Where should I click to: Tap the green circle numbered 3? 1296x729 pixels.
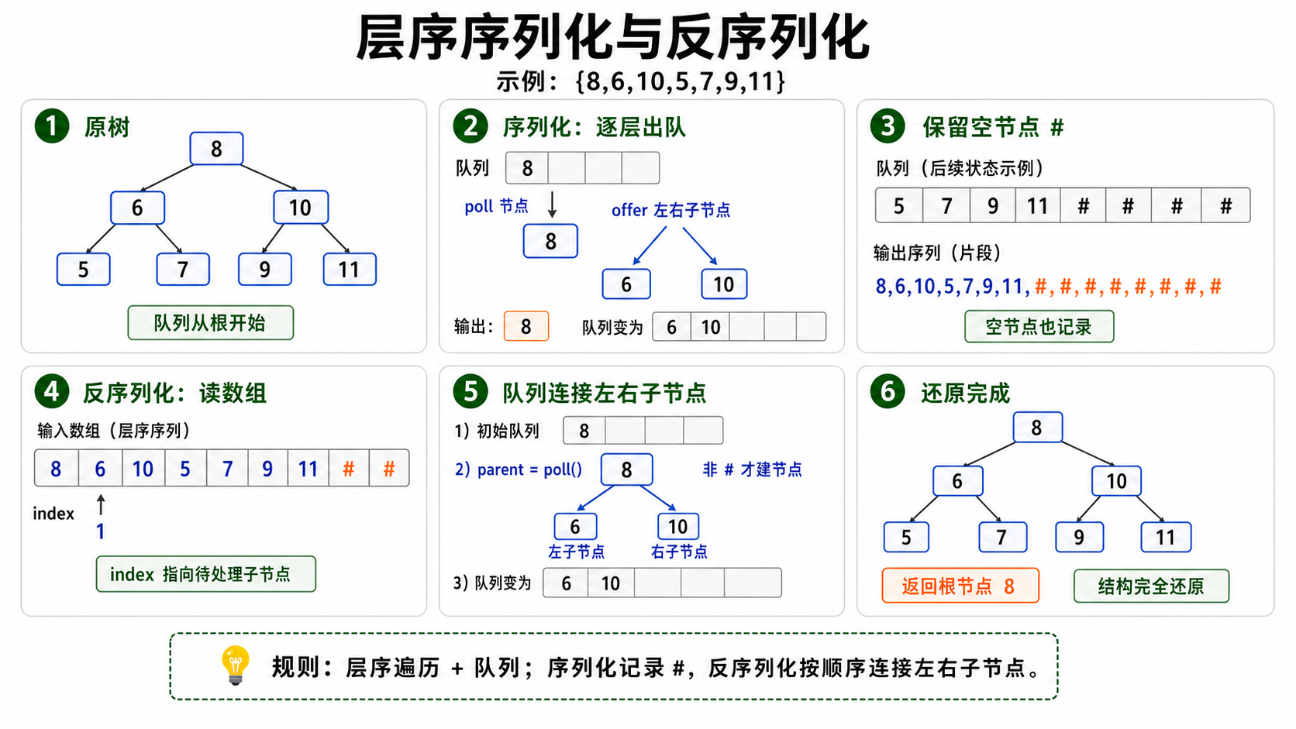pyautogui.click(x=888, y=126)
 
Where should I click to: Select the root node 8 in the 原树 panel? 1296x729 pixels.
pyautogui.click(x=216, y=149)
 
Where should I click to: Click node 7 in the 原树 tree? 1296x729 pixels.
pyautogui.click(x=183, y=269)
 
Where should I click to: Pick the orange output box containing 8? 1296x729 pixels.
pyautogui.click(x=526, y=326)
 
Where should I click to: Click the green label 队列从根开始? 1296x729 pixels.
pyautogui.click(x=211, y=322)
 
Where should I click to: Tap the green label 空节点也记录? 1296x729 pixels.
pyautogui.click(x=1039, y=327)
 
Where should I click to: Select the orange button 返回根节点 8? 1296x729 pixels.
pyautogui.click(x=960, y=586)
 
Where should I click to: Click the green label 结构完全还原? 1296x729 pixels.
pyautogui.click(x=1151, y=586)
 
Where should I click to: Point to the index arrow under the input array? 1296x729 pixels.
pyautogui.click(x=101, y=504)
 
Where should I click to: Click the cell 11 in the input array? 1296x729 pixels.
pyautogui.click(x=308, y=468)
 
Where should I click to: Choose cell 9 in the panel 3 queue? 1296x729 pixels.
pyautogui.click(x=992, y=205)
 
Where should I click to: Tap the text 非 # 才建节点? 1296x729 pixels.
pyautogui.click(x=752, y=469)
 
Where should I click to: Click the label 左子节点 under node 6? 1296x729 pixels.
pyautogui.click(x=576, y=552)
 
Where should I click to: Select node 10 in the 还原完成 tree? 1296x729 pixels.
pyautogui.click(x=1117, y=481)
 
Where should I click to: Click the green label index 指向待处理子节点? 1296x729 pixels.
pyautogui.click(x=206, y=574)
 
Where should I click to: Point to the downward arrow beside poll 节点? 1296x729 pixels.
pyautogui.click(x=552, y=205)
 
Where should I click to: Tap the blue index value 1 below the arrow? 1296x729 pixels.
pyautogui.click(x=101, y=531)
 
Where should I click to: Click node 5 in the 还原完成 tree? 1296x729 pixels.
pyautogui.click(x=907, y=537)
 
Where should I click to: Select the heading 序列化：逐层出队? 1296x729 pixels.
pyautogui.click(x=595, y=127)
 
